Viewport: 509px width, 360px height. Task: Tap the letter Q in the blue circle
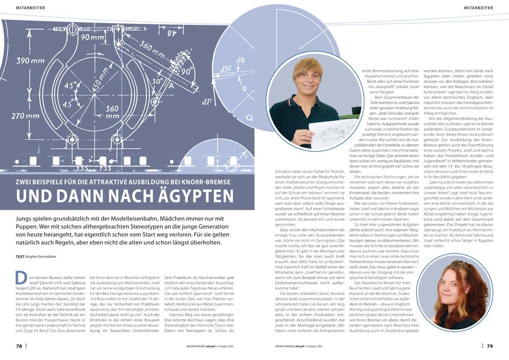point(250,118)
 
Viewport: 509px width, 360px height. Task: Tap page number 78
point(19,345)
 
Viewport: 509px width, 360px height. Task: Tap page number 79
point(490,345)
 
